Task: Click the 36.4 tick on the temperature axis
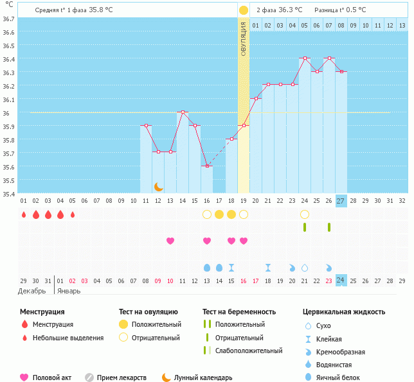10,59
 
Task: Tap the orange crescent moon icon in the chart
159,187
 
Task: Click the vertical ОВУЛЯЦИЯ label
244,39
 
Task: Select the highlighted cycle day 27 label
341,200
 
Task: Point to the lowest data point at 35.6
207,166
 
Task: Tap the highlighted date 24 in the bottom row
341,281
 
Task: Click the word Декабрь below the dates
31,291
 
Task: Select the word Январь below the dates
69,291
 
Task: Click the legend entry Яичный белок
341,378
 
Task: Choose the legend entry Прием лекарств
122,378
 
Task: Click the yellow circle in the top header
244,10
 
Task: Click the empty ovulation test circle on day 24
304,214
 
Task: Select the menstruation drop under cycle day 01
23,214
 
